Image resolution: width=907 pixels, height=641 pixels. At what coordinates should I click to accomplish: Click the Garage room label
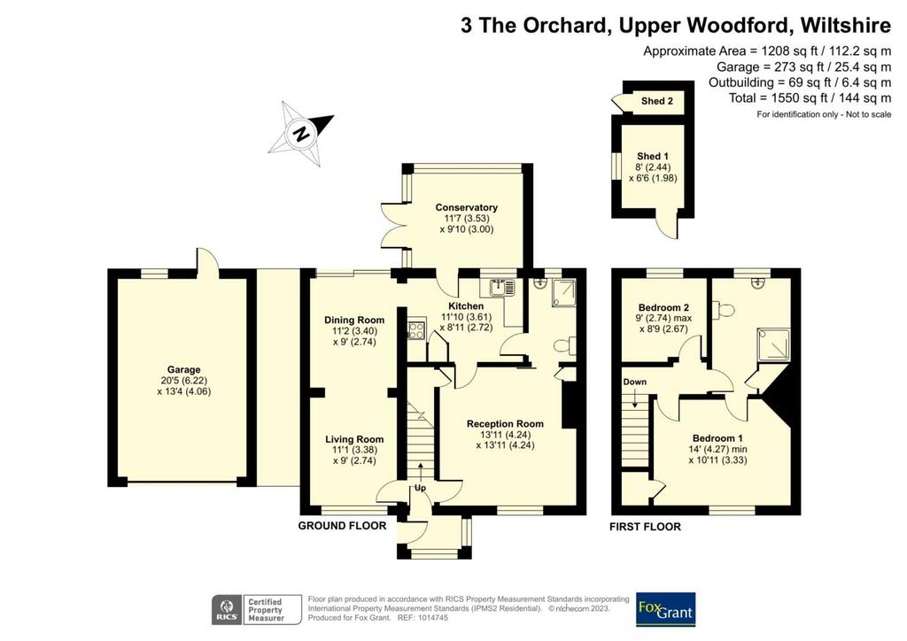[x=184, y=369]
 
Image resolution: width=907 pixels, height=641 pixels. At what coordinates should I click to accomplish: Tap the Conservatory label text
[x=466, y=207]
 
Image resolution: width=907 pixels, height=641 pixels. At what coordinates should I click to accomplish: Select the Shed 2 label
[x=657, y=101]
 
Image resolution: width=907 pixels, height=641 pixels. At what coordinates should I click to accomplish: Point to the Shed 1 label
[x=653, y=156]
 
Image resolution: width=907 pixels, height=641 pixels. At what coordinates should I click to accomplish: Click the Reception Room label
[x=505, y=424]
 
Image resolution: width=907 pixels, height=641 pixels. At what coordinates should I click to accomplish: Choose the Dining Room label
[x=354, y=320]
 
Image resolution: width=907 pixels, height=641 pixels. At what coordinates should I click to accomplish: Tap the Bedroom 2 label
[x=663, y=307]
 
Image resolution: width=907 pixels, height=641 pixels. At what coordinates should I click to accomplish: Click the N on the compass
[x=300, y=134]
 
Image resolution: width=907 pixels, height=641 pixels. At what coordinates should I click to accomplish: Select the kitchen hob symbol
[x=416, y=330]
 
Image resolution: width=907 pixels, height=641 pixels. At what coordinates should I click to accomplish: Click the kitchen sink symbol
[x=501, y=287]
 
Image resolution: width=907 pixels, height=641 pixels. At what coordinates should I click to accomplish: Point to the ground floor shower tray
[x=563, y=293]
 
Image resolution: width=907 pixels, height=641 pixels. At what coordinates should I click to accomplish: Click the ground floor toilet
[x=564, y=345]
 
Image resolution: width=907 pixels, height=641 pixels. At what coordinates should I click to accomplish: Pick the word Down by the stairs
[x=634, y=382]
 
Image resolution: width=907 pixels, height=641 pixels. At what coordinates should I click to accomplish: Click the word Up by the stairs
[x=420, y=488]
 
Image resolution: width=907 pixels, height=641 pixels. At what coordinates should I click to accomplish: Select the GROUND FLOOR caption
[x=342, y=526]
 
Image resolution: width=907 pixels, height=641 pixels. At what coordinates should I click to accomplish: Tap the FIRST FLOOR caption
[x=645, y=527]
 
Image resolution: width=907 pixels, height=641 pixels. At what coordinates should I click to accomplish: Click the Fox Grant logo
[x=666, y=609]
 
